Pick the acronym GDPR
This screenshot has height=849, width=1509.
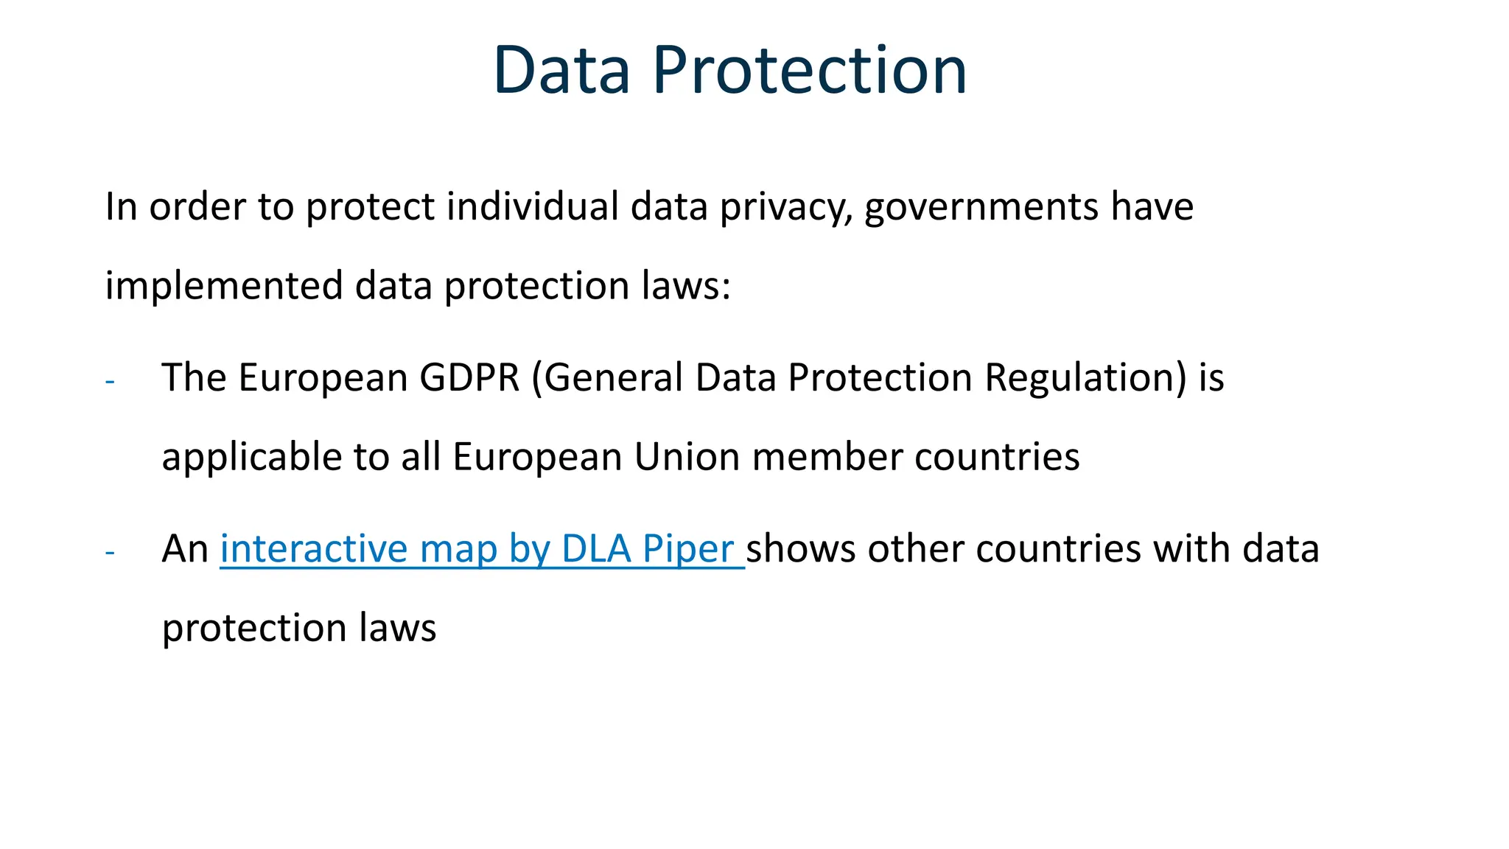[x=469, y=377]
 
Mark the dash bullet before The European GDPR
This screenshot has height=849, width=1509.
[x=111, y=381]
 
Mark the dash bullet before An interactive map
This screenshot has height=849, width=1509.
[x=111, y=552]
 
